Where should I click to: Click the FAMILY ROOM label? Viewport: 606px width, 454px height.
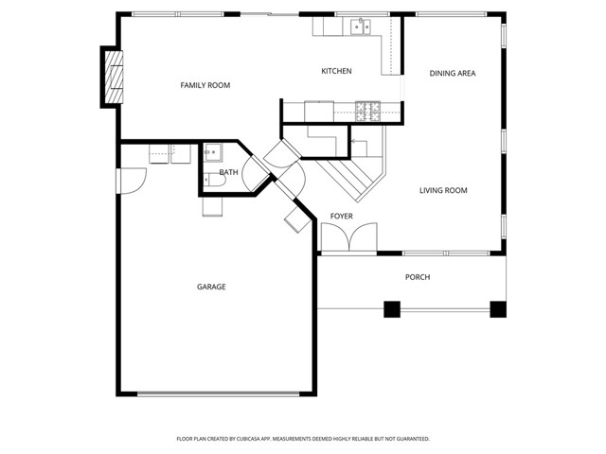[x=205, y=86]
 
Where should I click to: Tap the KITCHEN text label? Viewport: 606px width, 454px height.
[x=336, y=72]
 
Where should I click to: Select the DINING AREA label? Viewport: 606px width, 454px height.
[x=452, y=73]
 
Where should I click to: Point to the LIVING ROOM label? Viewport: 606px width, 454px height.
[x=443, y=191]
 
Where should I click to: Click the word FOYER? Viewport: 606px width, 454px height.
[x=341, y=217]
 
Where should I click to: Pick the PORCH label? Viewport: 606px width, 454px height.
[x=418, y=277]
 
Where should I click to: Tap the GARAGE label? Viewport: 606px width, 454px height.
[x=211, y=287]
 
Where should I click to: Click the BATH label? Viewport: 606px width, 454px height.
[x=228, y=172]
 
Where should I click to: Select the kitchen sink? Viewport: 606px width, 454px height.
[x=360, y=27]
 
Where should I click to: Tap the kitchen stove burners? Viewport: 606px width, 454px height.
[x=367, y=111]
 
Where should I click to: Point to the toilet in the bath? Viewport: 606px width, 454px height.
[x=211, y=202]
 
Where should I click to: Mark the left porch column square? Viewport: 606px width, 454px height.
[x=391, y=308]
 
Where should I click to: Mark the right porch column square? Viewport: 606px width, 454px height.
[x=497, y=308]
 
